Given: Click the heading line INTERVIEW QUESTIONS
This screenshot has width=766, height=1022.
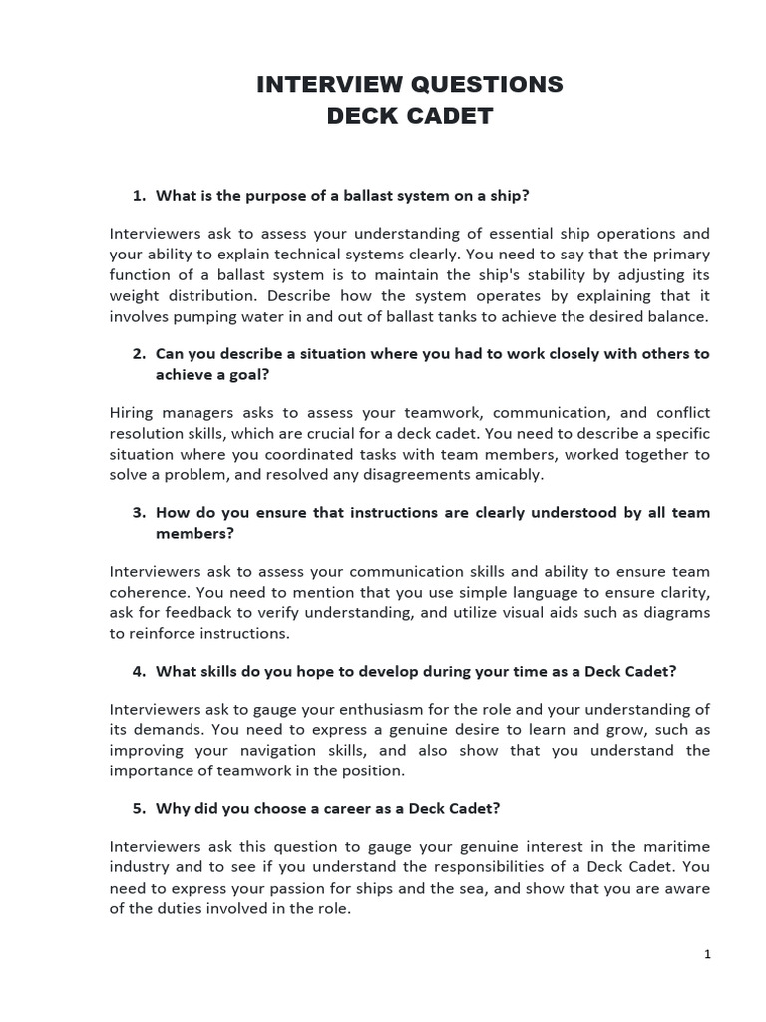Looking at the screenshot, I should (410, 85).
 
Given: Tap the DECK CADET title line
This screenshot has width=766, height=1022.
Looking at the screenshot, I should (410, 116).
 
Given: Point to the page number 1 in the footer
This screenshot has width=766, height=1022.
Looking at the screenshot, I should (707, 954).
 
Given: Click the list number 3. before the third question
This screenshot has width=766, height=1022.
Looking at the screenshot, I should (139, 512).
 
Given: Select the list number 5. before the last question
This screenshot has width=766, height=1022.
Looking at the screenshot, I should (139, 808).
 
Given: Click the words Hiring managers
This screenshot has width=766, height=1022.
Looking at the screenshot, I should (166, 412).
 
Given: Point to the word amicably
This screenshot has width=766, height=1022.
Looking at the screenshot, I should (508, 474).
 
